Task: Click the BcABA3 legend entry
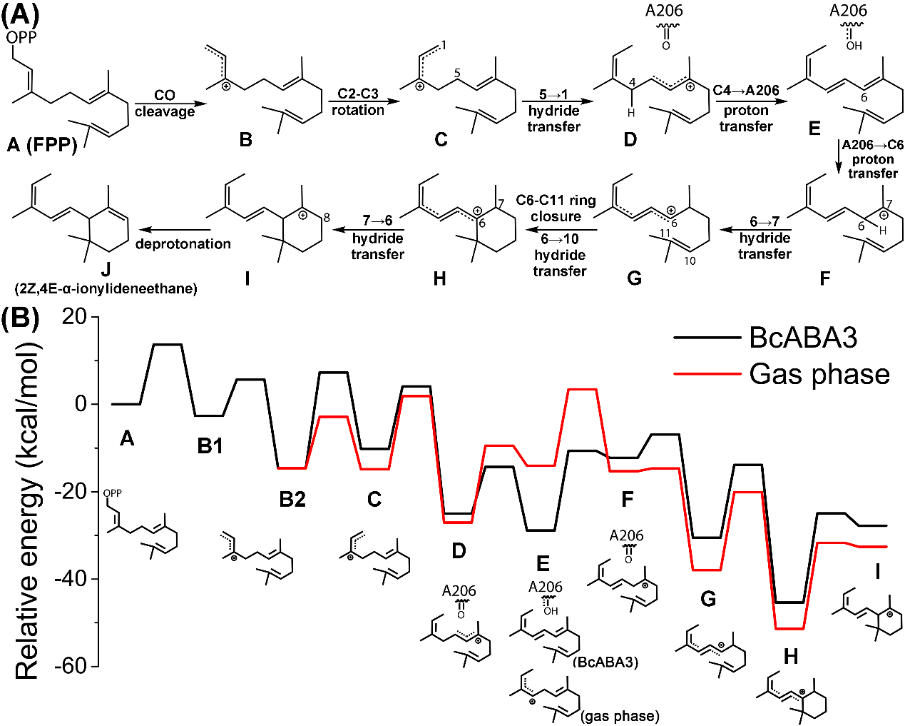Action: [803, 337]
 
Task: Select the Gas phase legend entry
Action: [819, 374]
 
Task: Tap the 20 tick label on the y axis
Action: [74, 316]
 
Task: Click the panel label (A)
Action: [21, 14]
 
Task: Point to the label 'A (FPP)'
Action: [42, 146]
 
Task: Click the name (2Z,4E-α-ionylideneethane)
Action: [105, 288]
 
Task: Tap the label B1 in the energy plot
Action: [210, 446]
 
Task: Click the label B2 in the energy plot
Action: [292, 499]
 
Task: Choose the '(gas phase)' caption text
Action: [620, 715]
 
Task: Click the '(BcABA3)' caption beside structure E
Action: [605, 662]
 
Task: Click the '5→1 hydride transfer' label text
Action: [554, 111]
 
